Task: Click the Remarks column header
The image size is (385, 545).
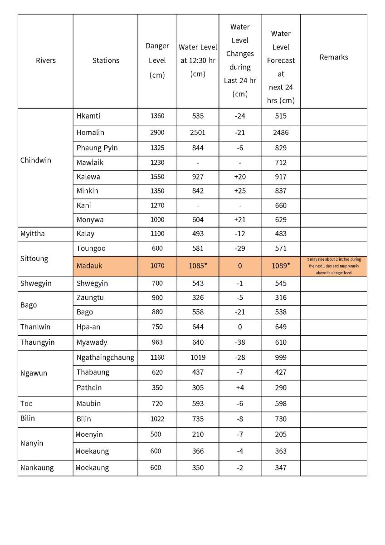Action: point(334,57)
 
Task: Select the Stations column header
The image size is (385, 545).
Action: point(106,60)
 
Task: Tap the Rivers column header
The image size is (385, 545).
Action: point(45,60)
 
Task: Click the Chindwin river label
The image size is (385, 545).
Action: point(36,160)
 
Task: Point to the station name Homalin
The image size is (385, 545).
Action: point(90,133)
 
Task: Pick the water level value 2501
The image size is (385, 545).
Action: point(198,133)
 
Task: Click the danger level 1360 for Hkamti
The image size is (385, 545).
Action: point(157,116)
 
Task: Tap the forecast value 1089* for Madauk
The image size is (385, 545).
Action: point(281,266)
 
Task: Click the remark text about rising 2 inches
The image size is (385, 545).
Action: point(334,266)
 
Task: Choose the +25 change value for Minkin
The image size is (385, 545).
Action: point(240,191)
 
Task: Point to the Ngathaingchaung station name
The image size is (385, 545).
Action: point(105,357)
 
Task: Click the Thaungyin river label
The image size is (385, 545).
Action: point(37,342)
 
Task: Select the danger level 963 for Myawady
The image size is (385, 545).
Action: point(157,342)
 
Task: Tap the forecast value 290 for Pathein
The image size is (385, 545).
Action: point(281,388)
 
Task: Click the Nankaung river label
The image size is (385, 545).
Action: point(37,468)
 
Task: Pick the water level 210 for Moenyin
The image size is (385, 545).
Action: point(198,435)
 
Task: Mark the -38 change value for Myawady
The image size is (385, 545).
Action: point(240,342)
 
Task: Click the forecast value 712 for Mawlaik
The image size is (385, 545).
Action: point(281,163)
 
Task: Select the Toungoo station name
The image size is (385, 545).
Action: point(91,249)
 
